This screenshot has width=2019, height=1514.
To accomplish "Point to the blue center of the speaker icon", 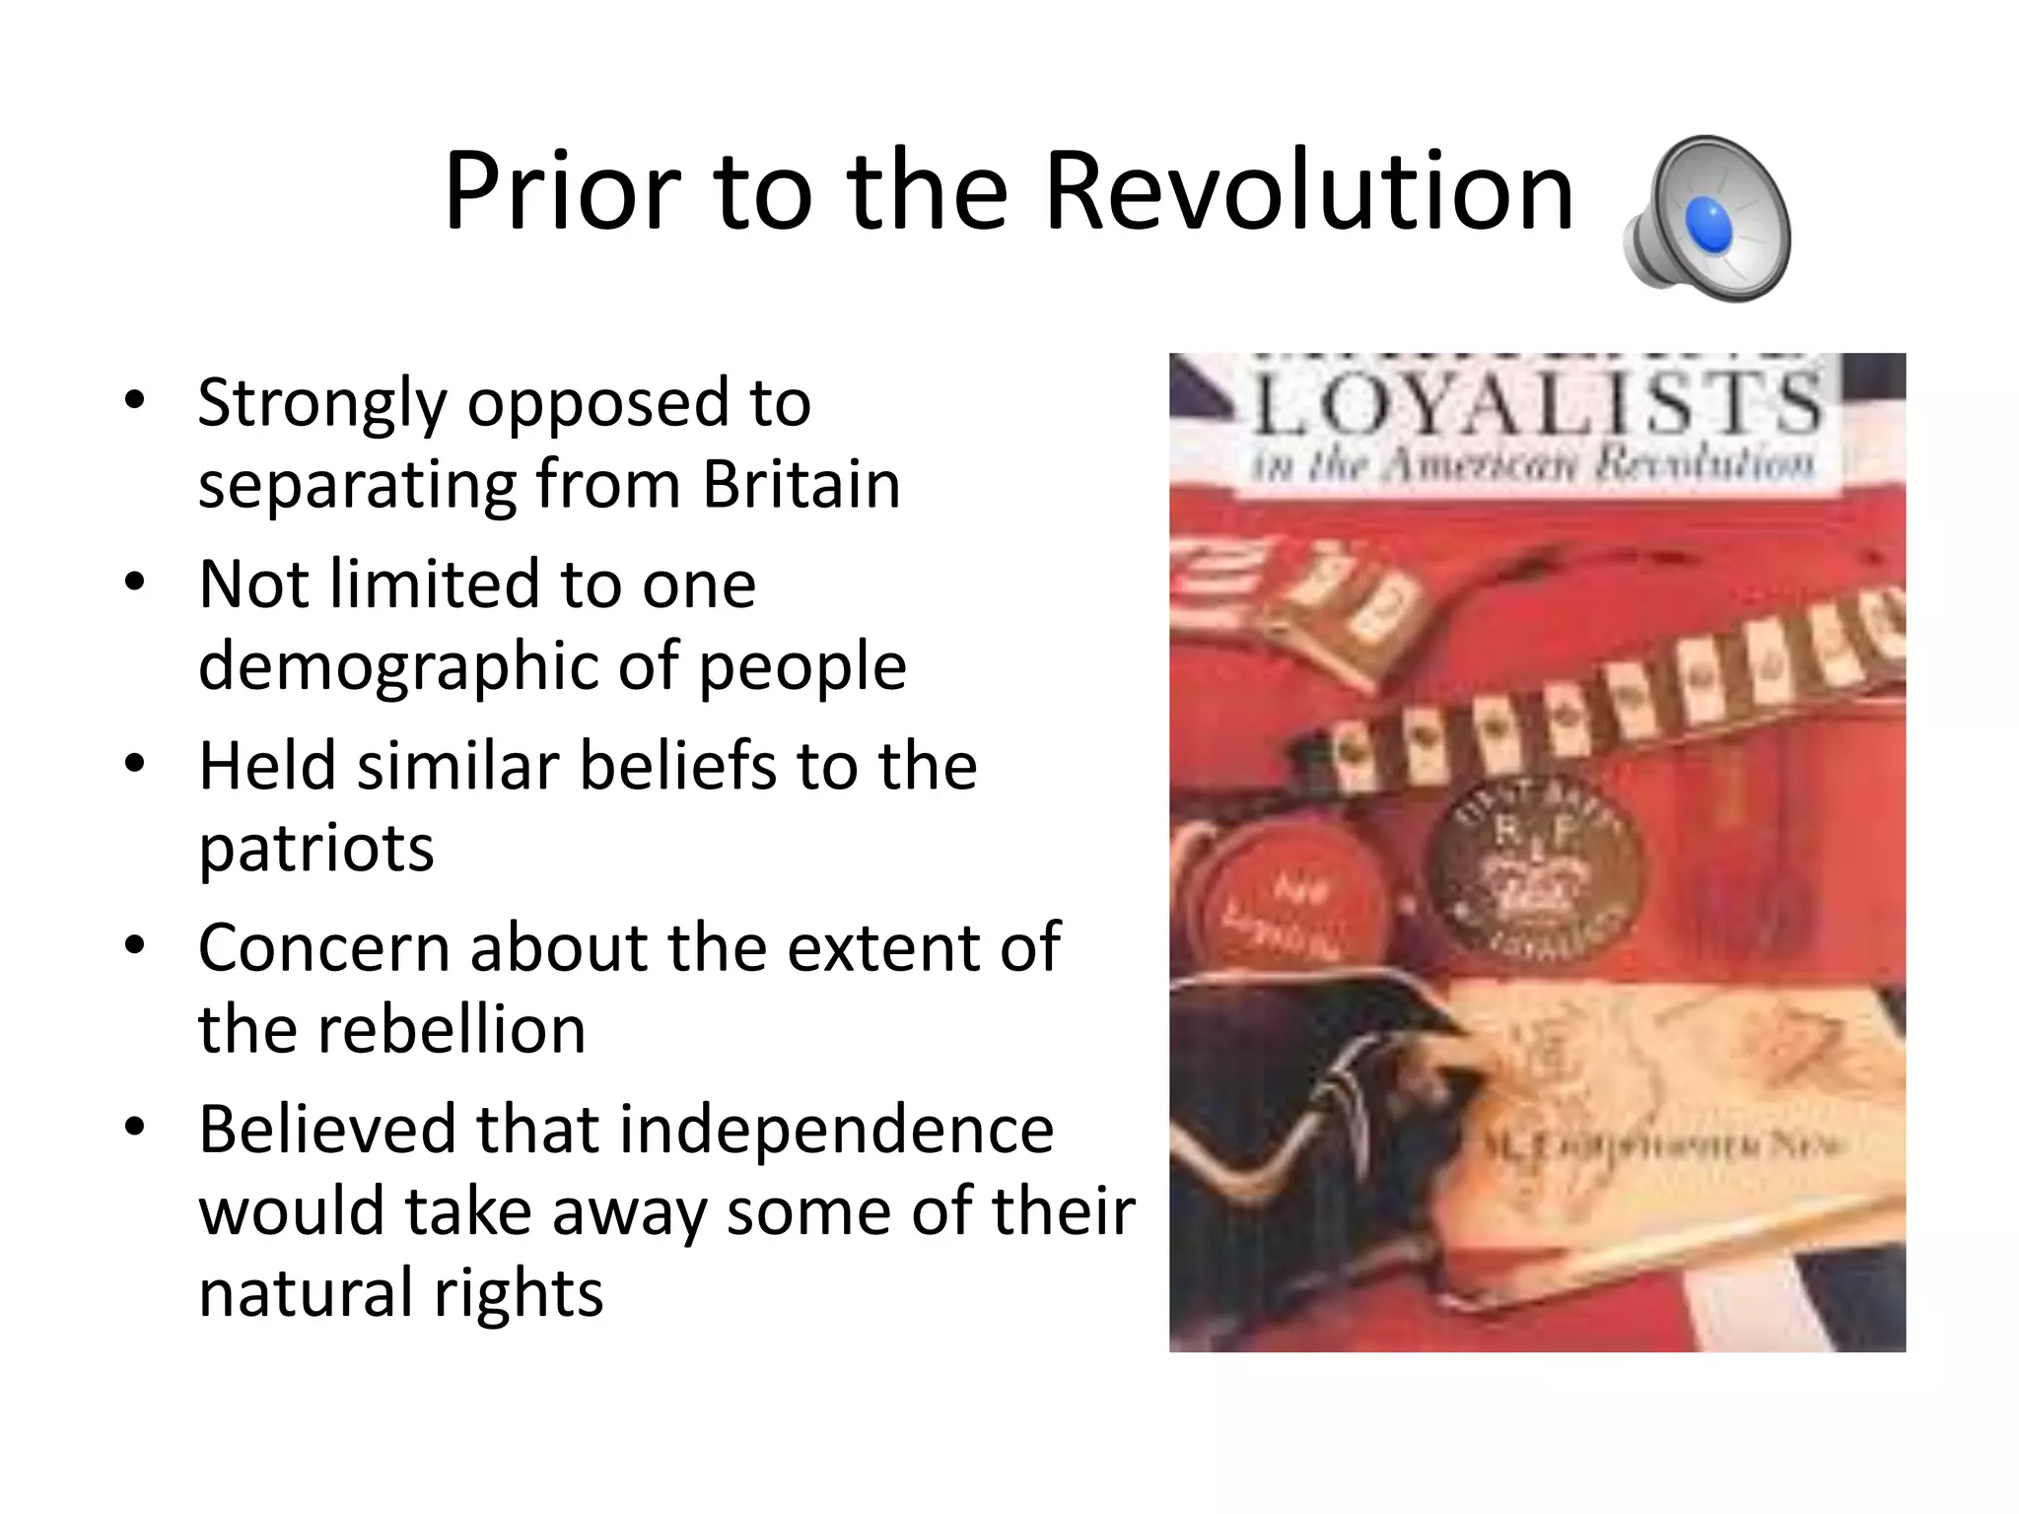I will click(1708, 223).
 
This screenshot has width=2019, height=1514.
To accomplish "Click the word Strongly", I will click(322, 405).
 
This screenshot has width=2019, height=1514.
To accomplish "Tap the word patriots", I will click(316, 848).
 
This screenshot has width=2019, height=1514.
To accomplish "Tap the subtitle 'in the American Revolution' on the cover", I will click(1533, 463).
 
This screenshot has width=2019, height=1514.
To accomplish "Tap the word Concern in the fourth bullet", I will click(323, 947).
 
